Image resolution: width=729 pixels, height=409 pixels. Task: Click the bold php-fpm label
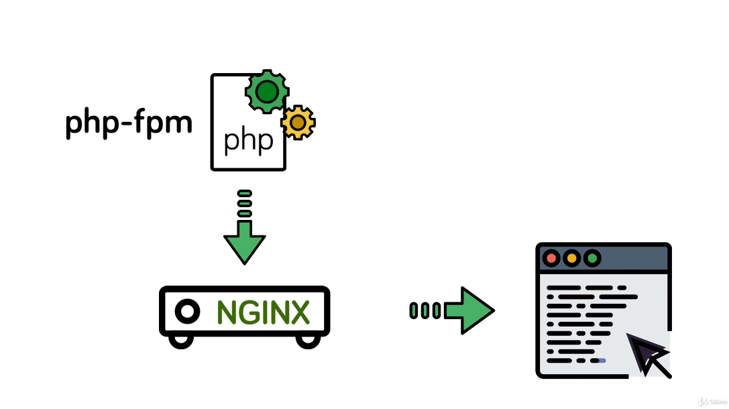tap(128, 123)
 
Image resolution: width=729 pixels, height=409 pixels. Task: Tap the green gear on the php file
tap(267, 92)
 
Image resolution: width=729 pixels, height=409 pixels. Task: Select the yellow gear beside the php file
tap(298, 123)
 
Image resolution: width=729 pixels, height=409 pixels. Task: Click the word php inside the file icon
tap(248, 140)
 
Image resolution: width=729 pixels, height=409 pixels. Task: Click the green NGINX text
tap(263, 312)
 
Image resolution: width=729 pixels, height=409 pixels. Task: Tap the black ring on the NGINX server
tap(188, 311)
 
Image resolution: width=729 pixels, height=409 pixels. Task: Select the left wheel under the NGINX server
tap(181, 340)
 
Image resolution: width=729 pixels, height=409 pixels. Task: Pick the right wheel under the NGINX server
tap(308, 340)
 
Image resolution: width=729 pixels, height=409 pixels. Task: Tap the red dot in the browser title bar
tap(552, 258)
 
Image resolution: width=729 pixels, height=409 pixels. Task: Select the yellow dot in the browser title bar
tap(571, 258)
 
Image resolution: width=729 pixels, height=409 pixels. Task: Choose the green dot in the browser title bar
tap(591, 258)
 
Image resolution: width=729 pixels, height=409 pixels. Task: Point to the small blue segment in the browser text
tap(602, 361)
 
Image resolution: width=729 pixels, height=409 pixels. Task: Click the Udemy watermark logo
tap(713, 401)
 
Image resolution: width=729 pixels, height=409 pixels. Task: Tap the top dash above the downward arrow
tap(245, 194)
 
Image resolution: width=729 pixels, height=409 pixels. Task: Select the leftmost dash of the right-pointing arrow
tap(414, 310)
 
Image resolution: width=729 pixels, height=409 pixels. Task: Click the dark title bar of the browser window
tap(630, 258)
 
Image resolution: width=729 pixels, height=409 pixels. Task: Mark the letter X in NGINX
tap(298, 312)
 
